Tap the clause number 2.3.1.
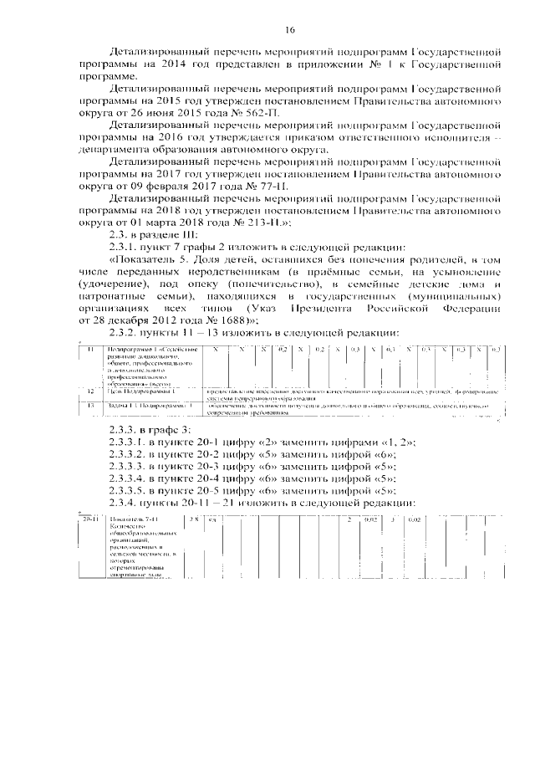(116, 248)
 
